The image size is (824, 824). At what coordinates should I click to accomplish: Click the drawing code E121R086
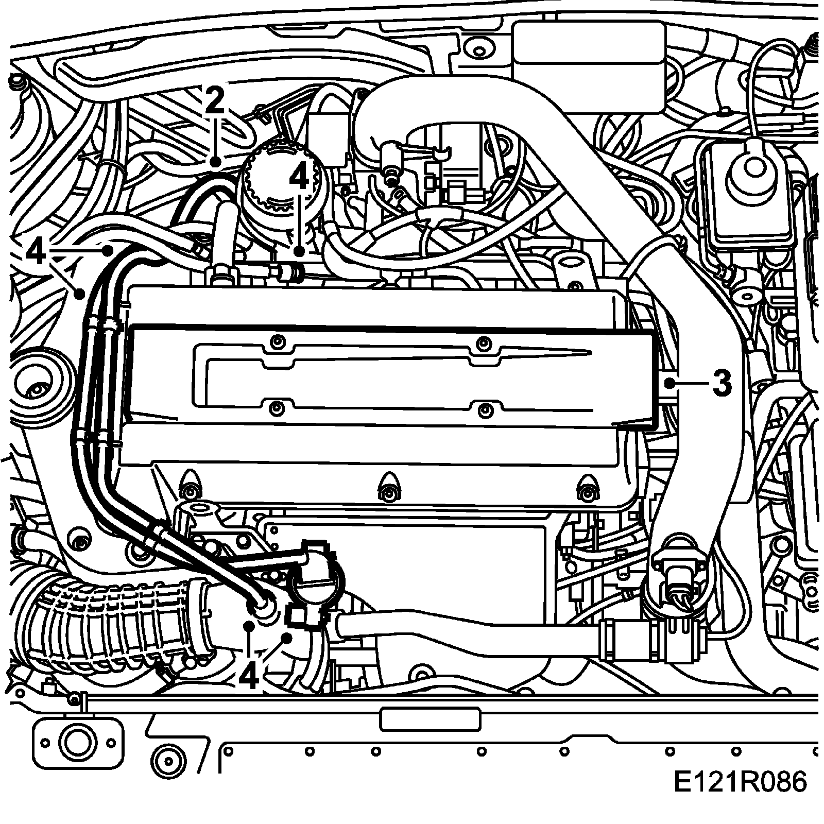pos(741,797)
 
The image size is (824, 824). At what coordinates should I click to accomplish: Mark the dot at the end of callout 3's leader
pos(669,383)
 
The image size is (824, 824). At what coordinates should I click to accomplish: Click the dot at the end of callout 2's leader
pos(216,162)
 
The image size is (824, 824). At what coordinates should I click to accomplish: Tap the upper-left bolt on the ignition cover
pos(278,341)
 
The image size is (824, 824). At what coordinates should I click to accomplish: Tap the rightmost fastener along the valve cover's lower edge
pos(586,489)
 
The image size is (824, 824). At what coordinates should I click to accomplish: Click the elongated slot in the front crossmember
pos(430,719)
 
